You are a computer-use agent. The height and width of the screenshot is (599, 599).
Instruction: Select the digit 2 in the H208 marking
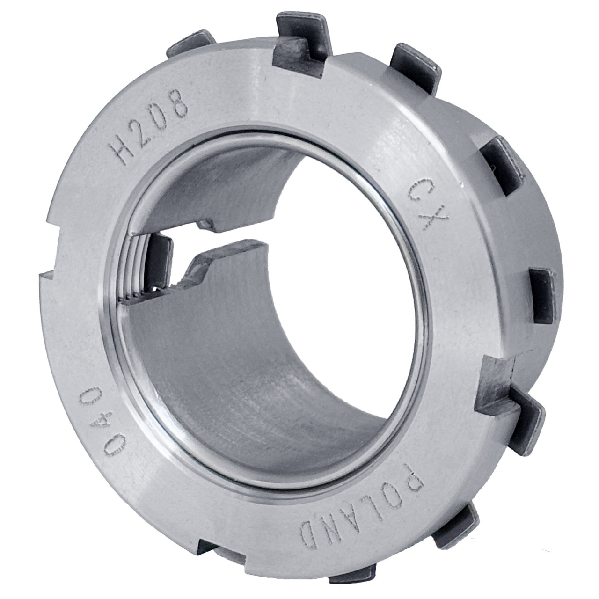click(142, 134)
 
